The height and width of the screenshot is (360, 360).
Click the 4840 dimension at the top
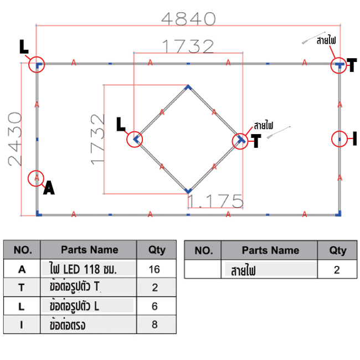tap(188, 19)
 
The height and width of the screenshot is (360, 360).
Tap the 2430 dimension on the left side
tap(15, 139)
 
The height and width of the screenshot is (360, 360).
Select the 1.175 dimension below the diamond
tap(215, 201)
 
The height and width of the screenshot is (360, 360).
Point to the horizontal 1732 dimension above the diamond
tap(188, 46)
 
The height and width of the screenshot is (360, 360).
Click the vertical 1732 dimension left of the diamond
tap(97, 140)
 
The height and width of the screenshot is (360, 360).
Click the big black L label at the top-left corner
tap(24, 47)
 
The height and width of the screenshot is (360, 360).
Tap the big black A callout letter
tap(49, 188)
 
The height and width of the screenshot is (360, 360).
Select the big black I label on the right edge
tap(354, 138)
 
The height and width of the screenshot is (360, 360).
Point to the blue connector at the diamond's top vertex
tap(188, 88)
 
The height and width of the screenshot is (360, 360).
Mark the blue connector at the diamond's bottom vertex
tap(188, 191)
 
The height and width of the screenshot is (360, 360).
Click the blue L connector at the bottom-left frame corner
tap(39, 214)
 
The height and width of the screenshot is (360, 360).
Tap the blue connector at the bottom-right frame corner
tap(338, 214)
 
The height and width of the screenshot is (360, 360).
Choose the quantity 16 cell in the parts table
tap(155, 269)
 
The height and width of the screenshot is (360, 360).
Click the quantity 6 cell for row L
tap(155, 306)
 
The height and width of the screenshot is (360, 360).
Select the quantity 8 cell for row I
tap(155, 325)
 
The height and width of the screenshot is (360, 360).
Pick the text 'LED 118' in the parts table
tap(81, 269)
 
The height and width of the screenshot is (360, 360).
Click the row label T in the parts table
tap(22, 287)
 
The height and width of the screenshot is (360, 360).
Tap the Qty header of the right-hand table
tap(338, 250)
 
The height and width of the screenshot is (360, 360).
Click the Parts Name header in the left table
tap(90, 250)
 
